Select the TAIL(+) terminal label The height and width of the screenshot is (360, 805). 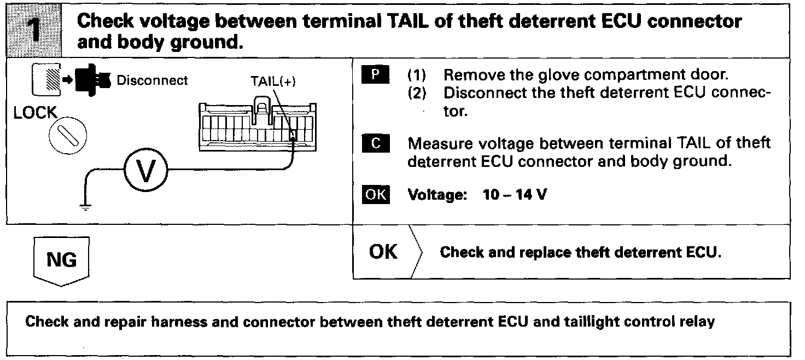tap(270, 81)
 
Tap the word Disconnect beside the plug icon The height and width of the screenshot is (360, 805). tap(153, 80)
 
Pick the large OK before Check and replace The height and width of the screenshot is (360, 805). tap(383, 252)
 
